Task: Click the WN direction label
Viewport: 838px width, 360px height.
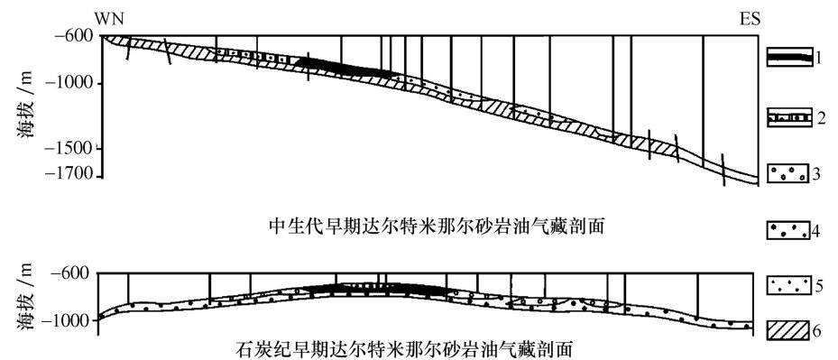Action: tap(107, 19)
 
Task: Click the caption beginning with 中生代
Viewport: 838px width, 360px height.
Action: tap(437, 228)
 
